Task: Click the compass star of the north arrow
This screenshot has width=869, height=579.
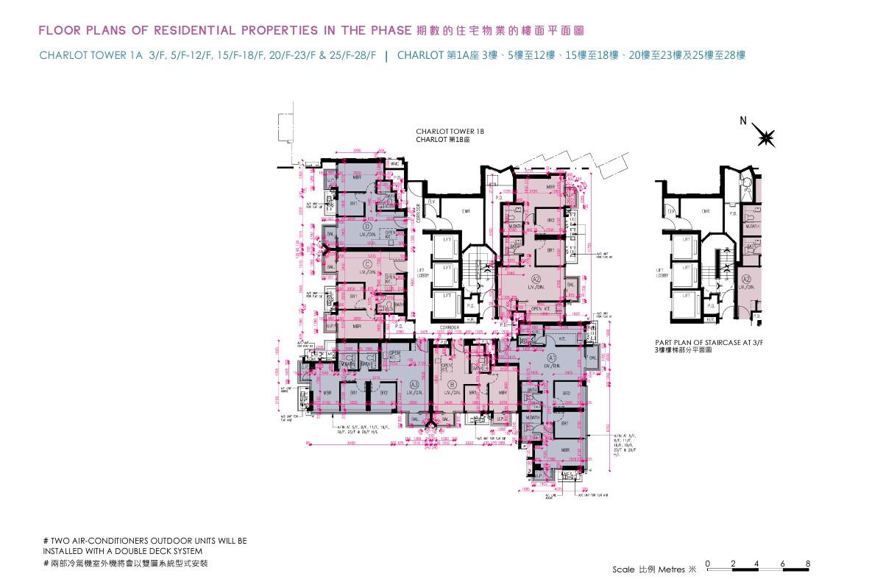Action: (766, 137)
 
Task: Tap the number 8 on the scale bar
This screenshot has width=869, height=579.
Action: (808, 564)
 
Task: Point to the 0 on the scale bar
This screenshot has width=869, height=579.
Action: (707, 564)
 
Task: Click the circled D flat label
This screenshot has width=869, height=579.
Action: (366, 227)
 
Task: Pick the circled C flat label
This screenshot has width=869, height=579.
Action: (366, 263)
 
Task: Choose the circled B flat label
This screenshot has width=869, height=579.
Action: (450, 384)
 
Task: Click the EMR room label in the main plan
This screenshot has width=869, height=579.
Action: (466, 212)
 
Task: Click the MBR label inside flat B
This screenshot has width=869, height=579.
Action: (503, 394)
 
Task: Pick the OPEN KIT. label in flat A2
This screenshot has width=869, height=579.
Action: (541, 308)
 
